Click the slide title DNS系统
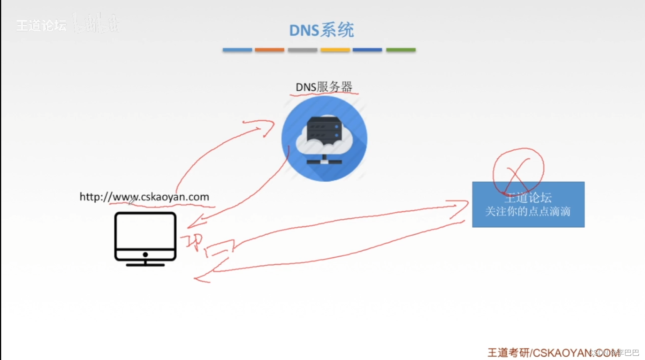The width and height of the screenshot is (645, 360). pyautogui.click(x=321, y=30)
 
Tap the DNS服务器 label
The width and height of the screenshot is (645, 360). pyautogui.click(x=324, y=87)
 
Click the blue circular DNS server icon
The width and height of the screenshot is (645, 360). pyautogui.click(x=324, y=139)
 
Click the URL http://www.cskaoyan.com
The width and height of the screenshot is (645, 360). pyautogui.click(x=144, y=197)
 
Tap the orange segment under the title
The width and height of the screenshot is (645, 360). pyautogui.click(x=269, y=50)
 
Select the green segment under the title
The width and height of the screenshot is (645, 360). pyautogui.click(x=401, y=50)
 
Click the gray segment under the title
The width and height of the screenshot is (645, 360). pyautogui.click(x=302, y=50)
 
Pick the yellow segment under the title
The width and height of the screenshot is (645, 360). pyautogui.click(x=335, y=50)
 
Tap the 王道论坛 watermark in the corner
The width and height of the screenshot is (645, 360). pyautogui.click(x=41, y=26)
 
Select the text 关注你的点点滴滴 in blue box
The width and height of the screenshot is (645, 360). pyautogui.click(x=528, y=212)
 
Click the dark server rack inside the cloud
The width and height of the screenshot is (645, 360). pyautogui.click(x=324, y=129)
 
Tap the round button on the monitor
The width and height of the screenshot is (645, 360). pyautogui.click(x=145, y=255)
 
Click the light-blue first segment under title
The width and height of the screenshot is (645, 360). pyautogui.click(x=237, y=50)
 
